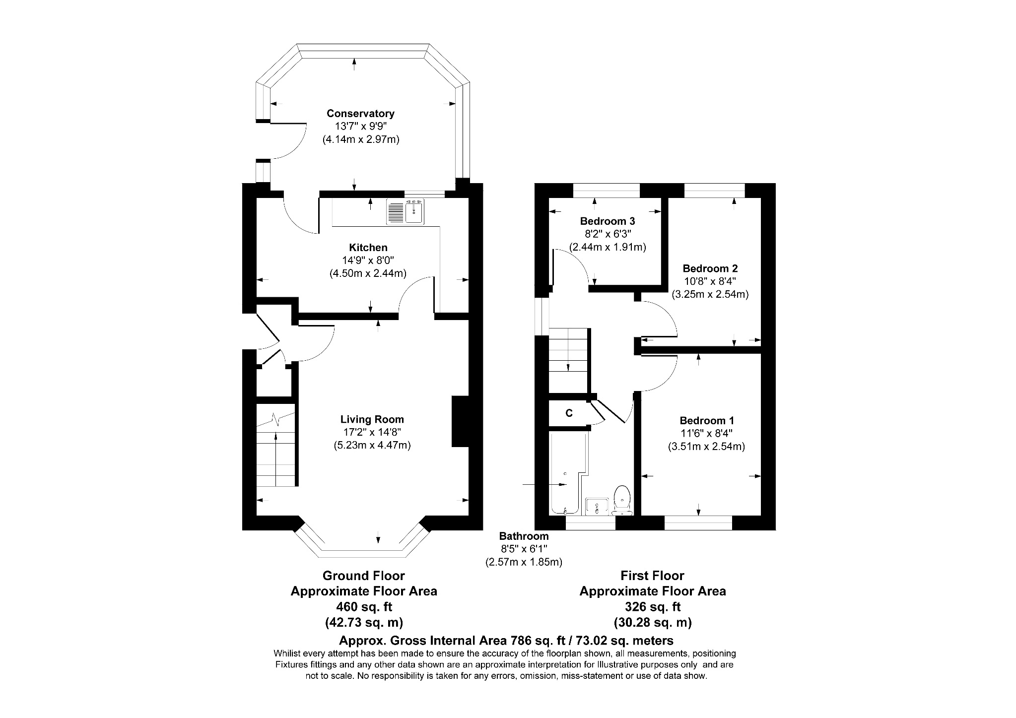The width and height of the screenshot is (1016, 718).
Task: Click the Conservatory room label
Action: pos(360,114)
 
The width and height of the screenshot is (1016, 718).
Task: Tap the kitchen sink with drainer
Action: pos(406,212)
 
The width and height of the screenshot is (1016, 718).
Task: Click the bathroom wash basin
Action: pos(597,506)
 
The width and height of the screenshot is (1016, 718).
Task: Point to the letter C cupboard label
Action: pos(569,413)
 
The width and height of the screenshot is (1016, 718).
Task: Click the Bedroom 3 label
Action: pos(607,221)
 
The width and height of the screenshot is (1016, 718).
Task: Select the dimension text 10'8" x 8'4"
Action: pos(710,281)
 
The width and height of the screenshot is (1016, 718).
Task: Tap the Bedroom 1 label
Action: pos(706,420)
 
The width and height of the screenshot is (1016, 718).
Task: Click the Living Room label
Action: pos(372,419)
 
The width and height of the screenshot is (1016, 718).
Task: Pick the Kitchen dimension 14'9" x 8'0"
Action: pos(368,260)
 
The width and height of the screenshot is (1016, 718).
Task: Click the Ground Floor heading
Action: pos(363,576)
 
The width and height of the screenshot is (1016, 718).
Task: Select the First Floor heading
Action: pos(652,576)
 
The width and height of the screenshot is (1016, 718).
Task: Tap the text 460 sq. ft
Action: pos(364,606)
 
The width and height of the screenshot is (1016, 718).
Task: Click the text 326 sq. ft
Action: pos(652,606)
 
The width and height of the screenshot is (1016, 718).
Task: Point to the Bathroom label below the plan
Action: pos(524,536)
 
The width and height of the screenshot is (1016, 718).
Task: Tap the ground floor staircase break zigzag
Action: pos(275,420)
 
